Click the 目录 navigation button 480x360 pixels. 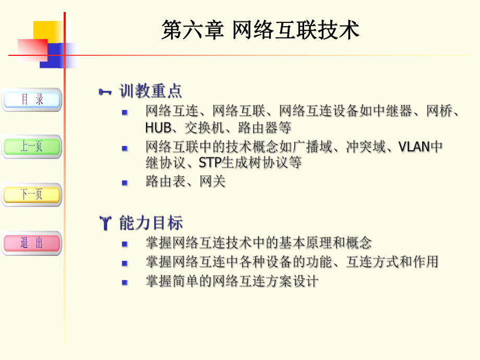[32, 99]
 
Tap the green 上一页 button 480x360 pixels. [32, 147]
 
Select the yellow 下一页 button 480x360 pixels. [32, 195]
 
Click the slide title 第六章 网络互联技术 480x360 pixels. [260, 30]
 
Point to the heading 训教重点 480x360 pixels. [151, 92]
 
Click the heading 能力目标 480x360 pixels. [151, 223]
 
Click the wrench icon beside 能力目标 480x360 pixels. [105, 224]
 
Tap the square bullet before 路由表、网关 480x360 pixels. [125, 183]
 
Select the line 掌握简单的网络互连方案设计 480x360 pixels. [232, 281]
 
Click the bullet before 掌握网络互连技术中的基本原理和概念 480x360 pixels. [125, 244]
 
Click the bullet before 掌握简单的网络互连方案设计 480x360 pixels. [125, 282]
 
